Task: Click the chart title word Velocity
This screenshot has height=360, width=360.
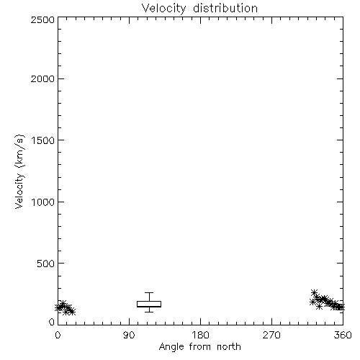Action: [163, 9]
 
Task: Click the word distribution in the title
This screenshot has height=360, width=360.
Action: [225, 8]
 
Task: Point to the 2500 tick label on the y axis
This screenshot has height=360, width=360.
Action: [42, 19]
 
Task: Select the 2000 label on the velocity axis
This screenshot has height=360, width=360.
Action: [42, 78]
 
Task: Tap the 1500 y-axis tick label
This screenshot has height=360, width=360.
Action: [43, 140]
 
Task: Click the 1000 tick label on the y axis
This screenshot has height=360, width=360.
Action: [43, 202]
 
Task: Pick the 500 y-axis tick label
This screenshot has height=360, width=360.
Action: [46, 264]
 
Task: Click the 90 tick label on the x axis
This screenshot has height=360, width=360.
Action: [129, 335]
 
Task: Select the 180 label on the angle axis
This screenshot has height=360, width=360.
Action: [200, 335]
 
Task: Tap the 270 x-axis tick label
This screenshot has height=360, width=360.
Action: [271, 335]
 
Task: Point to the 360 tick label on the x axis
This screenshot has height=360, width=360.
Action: [343, 335]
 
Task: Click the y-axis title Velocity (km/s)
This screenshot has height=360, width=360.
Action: [19, 171]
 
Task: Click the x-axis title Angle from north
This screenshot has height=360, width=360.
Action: [199, 347]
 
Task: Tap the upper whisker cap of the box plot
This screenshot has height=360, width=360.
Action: [149, 292]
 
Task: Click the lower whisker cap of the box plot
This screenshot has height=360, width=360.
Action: [149, 312]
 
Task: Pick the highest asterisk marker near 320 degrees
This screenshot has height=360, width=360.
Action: [314, 292]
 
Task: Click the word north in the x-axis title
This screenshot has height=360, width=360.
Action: [229, 347]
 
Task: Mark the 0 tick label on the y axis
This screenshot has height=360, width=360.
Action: [52, 322]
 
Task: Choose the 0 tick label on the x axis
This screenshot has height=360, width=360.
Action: [58, 335]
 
